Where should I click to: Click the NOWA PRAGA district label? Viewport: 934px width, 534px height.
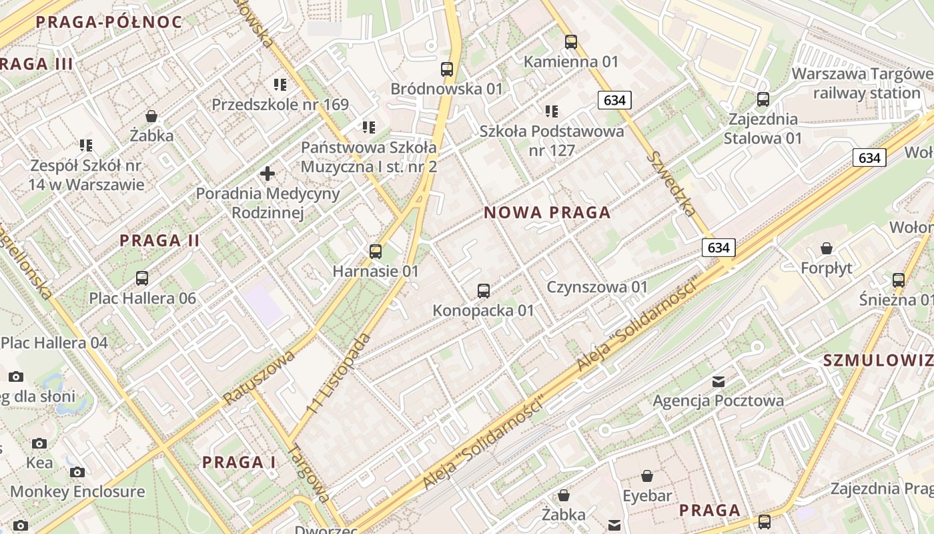(547, 213)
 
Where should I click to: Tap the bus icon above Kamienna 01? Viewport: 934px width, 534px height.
(571, 42)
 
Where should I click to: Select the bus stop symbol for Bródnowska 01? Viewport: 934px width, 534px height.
(447, 69)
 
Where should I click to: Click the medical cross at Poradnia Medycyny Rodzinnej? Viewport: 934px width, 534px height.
(268, 174)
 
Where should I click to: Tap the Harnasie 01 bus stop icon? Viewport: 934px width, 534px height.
(376, 252)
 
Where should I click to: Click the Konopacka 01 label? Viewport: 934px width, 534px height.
(484, 310)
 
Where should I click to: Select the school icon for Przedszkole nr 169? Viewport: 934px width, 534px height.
(280, 85)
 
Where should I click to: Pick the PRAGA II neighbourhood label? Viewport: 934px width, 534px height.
(159, 240)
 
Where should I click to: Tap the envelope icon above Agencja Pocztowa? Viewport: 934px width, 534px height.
(719, 382)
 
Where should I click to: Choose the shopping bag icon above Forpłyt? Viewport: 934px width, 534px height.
(827, 248)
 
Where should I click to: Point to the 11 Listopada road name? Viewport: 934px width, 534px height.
(339, 372)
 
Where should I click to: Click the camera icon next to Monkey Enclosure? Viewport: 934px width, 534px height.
(77, 473)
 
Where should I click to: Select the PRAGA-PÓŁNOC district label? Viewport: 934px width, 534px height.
(109, 22)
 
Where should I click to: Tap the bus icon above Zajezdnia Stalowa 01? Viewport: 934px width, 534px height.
(763, 99)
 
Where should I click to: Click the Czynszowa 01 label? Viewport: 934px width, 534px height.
(597, 287)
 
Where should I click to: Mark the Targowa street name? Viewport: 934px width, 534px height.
(308, 473)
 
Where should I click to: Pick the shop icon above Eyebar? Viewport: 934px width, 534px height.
(647, 476)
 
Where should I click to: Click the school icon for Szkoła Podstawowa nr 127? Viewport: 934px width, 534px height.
(552, 111)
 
